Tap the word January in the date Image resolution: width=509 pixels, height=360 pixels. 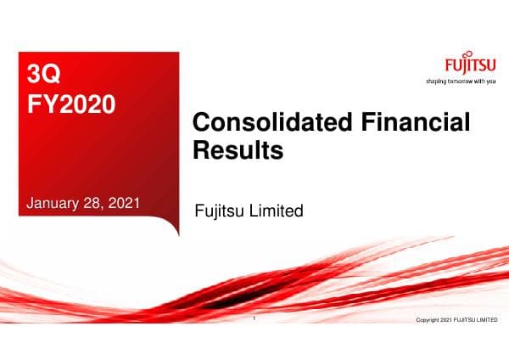coord(57,202)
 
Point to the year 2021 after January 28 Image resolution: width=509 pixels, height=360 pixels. coord(124,202)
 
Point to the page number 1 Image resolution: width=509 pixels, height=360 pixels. coord(255,319)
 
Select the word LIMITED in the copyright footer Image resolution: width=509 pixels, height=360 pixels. coord(487,320)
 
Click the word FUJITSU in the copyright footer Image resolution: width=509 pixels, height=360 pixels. coord(464,320)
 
